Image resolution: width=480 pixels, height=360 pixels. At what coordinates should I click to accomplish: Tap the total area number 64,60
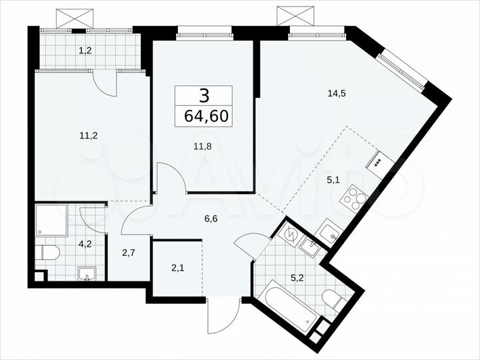pos(205,117)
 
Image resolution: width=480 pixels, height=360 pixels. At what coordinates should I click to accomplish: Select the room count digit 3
pos(204,96)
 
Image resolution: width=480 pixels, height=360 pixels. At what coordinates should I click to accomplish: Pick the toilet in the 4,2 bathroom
pos(48,253)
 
